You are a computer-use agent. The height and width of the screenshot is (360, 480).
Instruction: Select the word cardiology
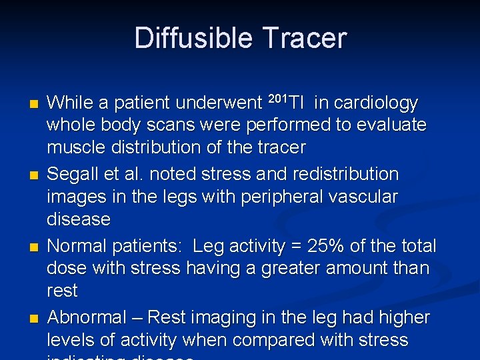point(375,103)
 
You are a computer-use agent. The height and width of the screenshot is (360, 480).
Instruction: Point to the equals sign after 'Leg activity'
point(294,247)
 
